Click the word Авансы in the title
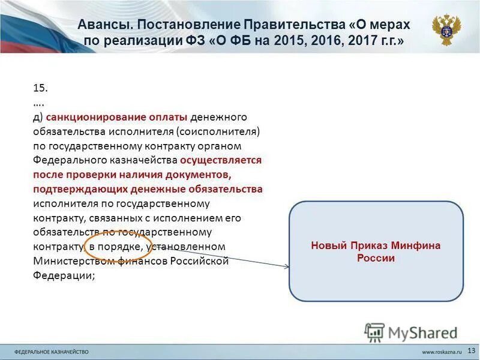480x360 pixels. point(103,25)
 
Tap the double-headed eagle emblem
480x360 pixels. point(446,30)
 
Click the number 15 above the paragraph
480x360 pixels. point(40,88)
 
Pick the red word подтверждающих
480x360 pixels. point(73,189)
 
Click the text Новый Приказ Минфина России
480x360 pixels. point(376,251)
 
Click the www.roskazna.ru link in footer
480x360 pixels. point(441,350)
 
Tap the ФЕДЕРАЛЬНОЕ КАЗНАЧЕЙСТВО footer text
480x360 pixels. point(52,350)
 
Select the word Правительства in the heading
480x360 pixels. point(294,25)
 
